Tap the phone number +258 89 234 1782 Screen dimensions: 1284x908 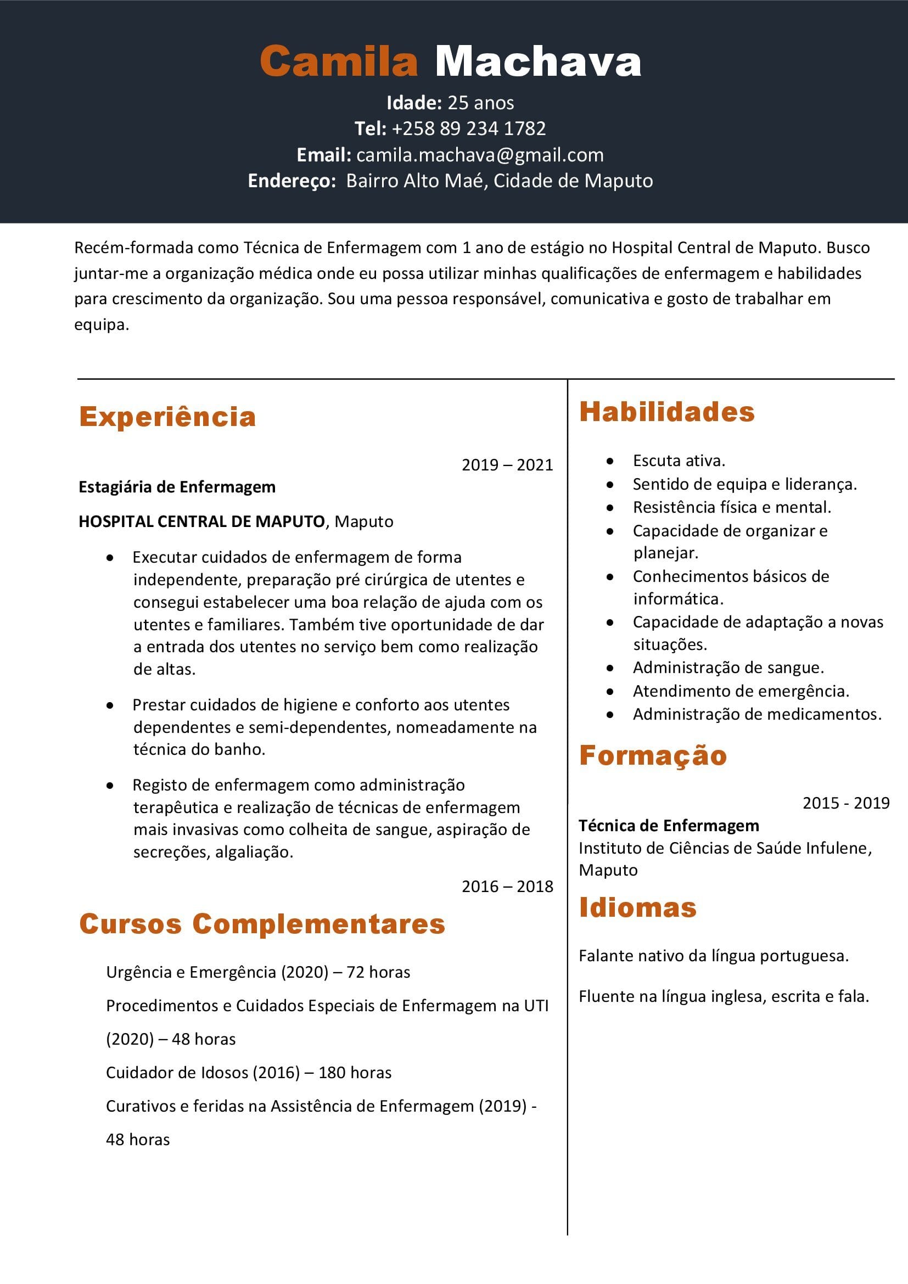point(468,128)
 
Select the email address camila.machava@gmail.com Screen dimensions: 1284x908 point(480,155)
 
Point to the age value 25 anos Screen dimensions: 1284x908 point(481,103)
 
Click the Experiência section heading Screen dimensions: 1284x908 point(167,417)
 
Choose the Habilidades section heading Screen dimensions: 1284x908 point(667,412)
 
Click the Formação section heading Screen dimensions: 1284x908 point(653,755)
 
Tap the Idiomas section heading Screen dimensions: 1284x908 point(637,907)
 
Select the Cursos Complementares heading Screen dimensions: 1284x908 point(262,923)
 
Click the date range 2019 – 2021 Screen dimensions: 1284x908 point(507,465)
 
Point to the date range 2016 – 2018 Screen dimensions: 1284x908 point(507,887)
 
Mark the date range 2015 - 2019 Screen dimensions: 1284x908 point(846,803)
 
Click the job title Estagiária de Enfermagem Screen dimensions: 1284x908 point(177,487)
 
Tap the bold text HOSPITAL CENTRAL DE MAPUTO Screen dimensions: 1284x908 point(201,522)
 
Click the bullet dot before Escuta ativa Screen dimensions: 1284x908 point(610,461)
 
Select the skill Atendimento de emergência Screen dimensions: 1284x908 point(741,691)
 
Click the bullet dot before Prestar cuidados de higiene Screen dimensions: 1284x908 point(110,705)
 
